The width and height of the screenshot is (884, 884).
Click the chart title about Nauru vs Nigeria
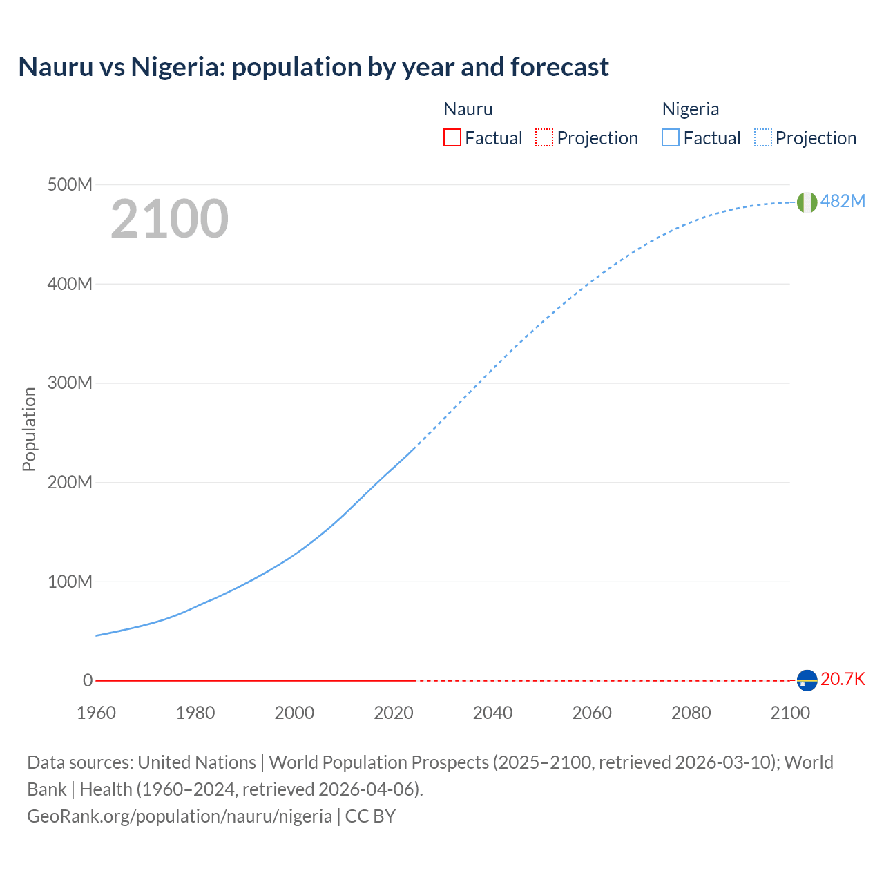point(314,67)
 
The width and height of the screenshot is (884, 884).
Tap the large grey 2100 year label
point(169,219)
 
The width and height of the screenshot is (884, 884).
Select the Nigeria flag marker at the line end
point(807,202)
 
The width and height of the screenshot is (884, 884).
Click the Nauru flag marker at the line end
point(807,680)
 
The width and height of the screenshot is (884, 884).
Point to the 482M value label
point(843,201)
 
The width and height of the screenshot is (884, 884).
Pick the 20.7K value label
point(843,679)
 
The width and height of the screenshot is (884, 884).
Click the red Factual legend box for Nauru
point(452,138)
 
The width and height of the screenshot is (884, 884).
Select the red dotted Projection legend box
point(544,138)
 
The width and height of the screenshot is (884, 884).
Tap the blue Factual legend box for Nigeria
point(671,138)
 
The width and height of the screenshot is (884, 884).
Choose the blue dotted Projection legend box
point(763,138)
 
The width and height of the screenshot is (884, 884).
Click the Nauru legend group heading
point(468,109)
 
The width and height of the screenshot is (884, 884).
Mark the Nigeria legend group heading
point(691,109)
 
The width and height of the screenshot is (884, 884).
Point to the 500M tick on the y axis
point(70,184)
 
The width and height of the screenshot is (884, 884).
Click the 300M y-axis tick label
point(70,383)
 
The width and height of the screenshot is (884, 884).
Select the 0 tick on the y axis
point(88,680)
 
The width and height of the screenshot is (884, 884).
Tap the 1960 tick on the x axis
point(96,713)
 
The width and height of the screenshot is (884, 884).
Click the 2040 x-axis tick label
point(492,713)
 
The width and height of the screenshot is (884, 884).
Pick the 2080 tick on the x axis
point(691,713)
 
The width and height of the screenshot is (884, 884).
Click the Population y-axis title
point(29,429)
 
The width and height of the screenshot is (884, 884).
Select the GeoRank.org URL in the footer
point(180,816)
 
